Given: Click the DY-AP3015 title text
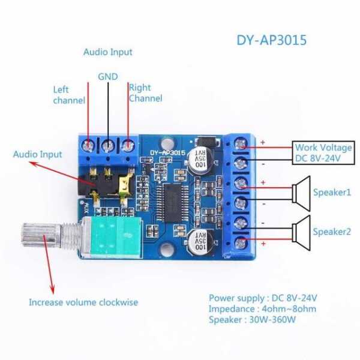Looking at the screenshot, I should click(x=271, y=41).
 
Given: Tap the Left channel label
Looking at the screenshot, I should click(x=69, y=95).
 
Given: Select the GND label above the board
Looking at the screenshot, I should click(x=108, y=76).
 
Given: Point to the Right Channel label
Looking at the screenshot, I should click(x=145, y=92).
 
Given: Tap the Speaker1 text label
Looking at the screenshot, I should click(x=332, y=192).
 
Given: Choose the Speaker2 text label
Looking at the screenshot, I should click(x=332, y=231).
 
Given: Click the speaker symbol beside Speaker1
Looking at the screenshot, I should click(x=301, y=192).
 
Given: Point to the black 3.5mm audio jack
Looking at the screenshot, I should click(x=106, y=187).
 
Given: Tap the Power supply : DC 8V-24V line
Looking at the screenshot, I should click(x=263, y=298).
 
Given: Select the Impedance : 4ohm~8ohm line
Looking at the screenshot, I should click(x=262, y=308).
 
